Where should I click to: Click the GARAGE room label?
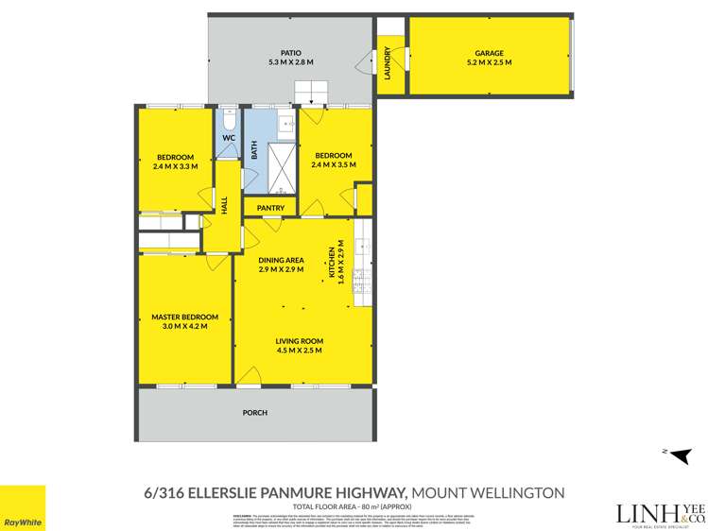click(490, 53)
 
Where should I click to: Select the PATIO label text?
click(290, 53)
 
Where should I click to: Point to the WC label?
click(228, 138)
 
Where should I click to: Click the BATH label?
click(254, 149)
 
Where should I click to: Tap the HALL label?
click(225, 205)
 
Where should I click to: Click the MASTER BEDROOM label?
click(184, 317)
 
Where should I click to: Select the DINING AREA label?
click(281, 260)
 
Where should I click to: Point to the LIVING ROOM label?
click(300, 341)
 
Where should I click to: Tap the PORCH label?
click(254, 413)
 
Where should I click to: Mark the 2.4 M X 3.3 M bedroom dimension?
click(175, 165)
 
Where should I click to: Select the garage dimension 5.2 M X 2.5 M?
click(490, 62)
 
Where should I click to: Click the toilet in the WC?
click(227, 119)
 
